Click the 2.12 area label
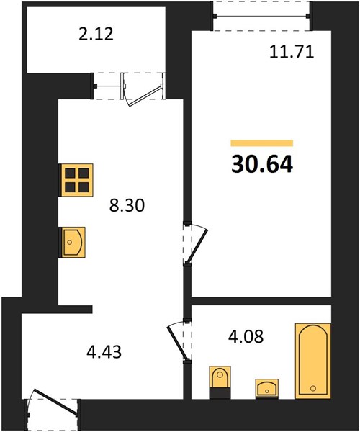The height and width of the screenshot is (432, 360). pyautogui.click(x=96, y=35)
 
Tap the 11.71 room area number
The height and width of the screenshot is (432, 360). pyautogui.click(x=292, y=52)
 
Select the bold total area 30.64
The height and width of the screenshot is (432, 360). pyautogui.click(x=262, y=165)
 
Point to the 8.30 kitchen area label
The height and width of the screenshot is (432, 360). pyautogui.click(x=127, y=205)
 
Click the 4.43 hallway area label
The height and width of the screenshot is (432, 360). pyautogui.click(x=104, y=352)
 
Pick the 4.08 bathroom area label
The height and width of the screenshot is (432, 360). pyautogui.click(x=246, y=336)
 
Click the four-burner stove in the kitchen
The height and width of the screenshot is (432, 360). pyautogui.click(x=76, y=180)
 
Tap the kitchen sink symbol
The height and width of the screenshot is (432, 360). pyautogui.click(x=72, y=243)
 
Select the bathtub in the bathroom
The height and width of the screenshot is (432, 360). pyautogui.click(x=313, y=361)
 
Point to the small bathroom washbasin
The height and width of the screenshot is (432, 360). pyautogui.click(x=266, y=389)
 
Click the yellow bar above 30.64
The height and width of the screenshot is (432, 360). pyautogui.click(x=262, y=143)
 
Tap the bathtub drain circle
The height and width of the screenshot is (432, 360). pyautogui.click(x=313, y=389)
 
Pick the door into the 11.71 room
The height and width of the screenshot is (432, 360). pyautogui.click(x=195, y=243)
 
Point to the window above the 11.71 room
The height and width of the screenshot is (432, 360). pyautogui.click(x=261, y=16)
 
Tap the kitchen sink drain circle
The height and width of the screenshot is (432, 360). pyautogui.click(x=70, y=243)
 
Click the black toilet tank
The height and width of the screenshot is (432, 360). pyautogui.click(x=220, y=393)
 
